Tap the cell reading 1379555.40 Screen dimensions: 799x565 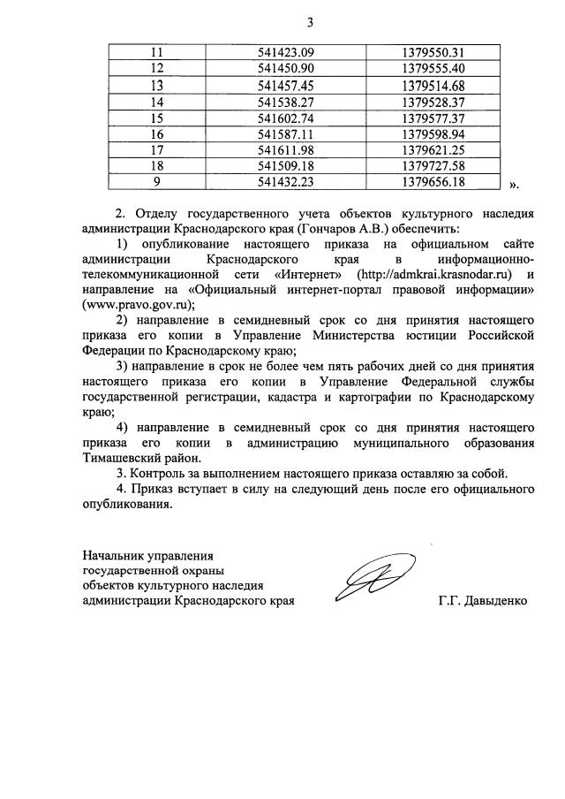[x=433, y=69]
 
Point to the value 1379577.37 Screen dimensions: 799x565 [x=433, y=118]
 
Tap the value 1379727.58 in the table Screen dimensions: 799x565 [x=433, y=166]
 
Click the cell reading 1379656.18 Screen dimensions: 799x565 [x=433, y=183]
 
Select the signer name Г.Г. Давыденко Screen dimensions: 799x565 [x=482, y=602]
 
